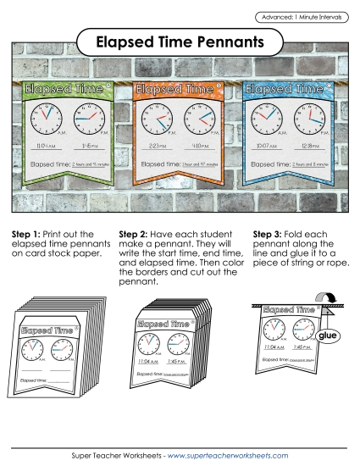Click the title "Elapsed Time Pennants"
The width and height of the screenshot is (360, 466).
pyautogui.click(x=179, y=41)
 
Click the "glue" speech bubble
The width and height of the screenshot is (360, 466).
pyautogui.click(x=327, y=337)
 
